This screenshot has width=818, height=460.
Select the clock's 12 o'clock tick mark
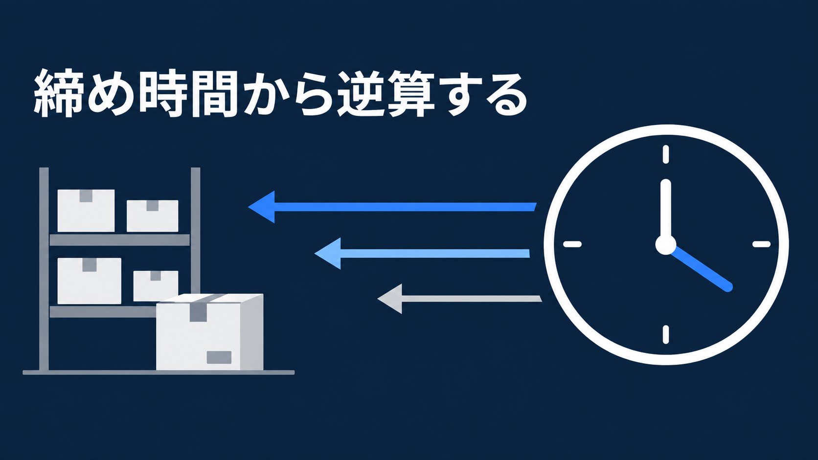point(666,154)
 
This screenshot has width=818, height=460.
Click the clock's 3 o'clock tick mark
point(761,244)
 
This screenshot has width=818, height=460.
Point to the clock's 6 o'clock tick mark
point(666,334)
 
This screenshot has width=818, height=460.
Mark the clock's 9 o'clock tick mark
point(572,244)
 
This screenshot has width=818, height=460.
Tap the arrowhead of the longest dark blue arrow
point(261,207)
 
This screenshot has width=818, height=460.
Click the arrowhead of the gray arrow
point(390,299)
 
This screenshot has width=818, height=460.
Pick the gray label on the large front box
point(219,357)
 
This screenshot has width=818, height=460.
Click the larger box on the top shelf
point(86,211)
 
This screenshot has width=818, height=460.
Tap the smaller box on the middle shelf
point(156,285)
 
